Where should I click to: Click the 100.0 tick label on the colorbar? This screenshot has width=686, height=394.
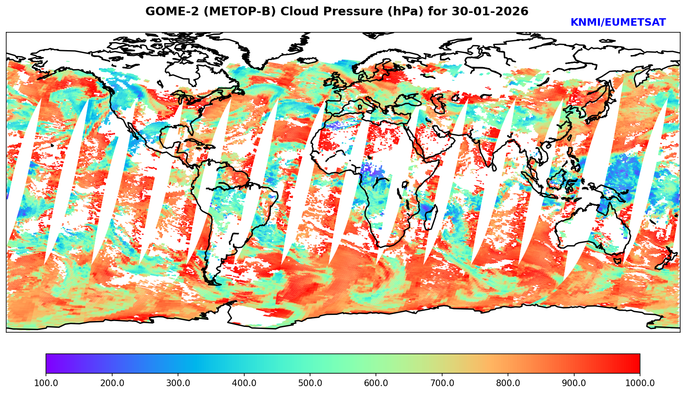(x=46, y=383)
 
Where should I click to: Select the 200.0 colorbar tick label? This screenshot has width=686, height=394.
(x=112, y=383)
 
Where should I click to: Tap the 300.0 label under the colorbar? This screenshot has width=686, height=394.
(x=178, y=383)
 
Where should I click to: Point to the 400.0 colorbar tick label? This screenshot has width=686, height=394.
(x=244, y=383)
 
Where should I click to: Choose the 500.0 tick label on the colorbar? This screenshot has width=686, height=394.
(x=310, y=383)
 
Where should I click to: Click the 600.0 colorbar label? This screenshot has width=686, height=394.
(x=376, y=383)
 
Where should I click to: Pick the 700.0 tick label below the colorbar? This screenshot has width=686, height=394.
(x=442, y=383)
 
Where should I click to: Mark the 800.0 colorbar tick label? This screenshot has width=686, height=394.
(x=508, y=383)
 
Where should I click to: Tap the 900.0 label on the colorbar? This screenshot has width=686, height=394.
(x=574, y=383)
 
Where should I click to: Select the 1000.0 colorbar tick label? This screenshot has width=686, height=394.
(x=640, y=383)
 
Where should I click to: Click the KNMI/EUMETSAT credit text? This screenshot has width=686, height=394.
(x=618, y=23)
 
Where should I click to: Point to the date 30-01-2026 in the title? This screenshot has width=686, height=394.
(x=490, y=12)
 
